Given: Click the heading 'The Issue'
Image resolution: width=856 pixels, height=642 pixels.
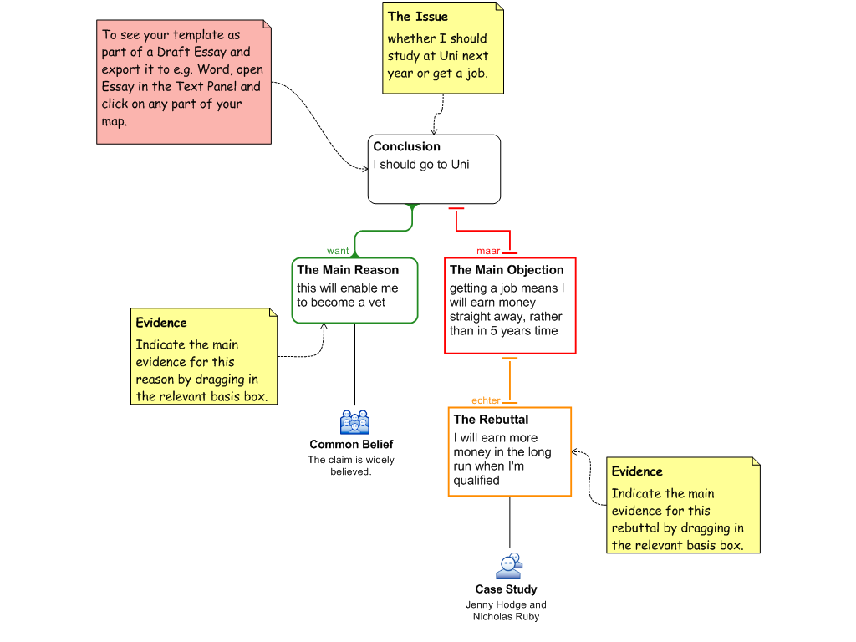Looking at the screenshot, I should coord(417,17).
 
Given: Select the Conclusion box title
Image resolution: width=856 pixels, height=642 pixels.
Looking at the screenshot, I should coord(406,146).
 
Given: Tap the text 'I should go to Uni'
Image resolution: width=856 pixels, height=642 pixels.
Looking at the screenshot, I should coord(420,165).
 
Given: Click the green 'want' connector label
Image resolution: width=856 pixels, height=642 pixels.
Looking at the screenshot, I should coord(338,251).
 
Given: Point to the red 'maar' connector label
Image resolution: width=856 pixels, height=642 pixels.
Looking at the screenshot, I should coord(488,251).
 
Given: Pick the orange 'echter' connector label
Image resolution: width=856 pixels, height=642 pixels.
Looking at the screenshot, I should coord(486,400).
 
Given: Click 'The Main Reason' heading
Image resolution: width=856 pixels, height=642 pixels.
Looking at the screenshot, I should coord(347,270).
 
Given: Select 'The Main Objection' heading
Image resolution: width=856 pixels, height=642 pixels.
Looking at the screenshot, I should coord(507,270).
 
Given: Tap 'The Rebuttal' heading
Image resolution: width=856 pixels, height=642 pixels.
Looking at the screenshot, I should coord(491,420).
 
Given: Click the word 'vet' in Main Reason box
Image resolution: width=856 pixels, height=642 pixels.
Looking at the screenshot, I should coord(376,303).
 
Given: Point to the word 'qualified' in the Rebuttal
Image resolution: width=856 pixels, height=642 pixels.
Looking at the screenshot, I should coord(476,481).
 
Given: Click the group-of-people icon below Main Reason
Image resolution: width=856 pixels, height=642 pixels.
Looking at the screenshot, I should coord(354,422).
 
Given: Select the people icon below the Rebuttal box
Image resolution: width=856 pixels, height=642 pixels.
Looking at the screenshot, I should coord(508,567).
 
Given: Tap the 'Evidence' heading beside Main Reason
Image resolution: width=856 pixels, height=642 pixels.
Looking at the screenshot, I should coord(161,323).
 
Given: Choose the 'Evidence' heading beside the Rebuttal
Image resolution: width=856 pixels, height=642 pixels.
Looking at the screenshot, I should coord(637,471).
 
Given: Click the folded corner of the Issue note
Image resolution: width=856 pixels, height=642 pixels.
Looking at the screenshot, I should coord(499,7).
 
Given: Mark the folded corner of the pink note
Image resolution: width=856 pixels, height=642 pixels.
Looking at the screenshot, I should coord(267,25).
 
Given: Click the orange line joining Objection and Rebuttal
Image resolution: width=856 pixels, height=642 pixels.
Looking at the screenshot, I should coord(510,380).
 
